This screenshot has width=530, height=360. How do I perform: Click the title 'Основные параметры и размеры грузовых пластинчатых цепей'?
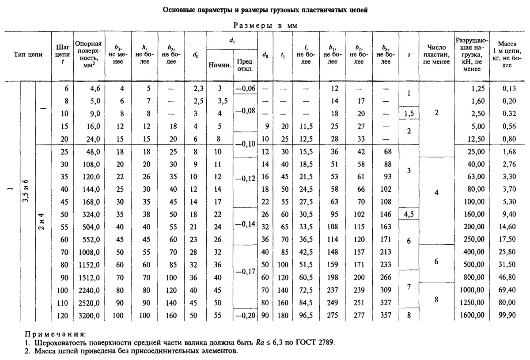[x=265, y=9]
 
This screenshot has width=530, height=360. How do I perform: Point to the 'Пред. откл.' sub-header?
[x=245, y=65]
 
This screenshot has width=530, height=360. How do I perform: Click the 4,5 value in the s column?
[x=409, y=214]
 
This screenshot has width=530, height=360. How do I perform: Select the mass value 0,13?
[x=507, y=88]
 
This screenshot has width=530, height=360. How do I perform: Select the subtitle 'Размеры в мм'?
[x=265, y=26]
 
